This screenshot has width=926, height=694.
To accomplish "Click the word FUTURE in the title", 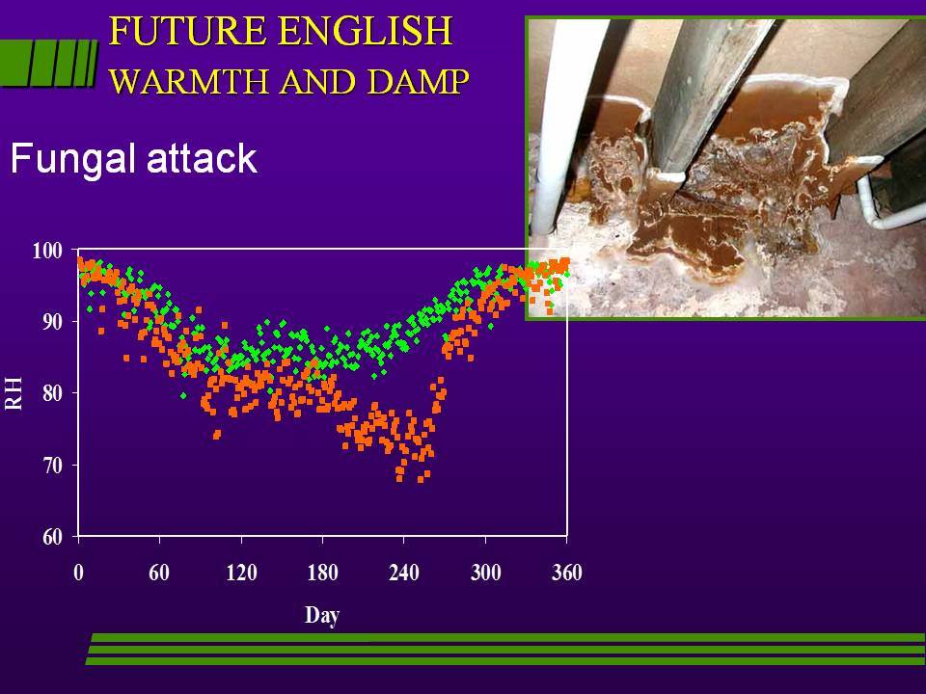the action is point(188,31).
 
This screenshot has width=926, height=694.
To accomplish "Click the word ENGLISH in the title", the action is point(366,31).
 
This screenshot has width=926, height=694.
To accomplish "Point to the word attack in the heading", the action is point(202,158).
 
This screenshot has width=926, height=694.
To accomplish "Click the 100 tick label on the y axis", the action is point(47,251).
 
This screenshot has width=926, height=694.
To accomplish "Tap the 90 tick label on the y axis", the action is point(52,322).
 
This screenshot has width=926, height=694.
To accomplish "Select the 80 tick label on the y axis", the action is point(52,393).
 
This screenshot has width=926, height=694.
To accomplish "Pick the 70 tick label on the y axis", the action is point(52,466).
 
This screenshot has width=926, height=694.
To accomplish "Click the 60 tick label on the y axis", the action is point(52,537).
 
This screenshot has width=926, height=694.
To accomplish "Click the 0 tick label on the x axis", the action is point(78,573).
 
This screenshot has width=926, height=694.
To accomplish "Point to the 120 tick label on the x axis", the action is point(241,573).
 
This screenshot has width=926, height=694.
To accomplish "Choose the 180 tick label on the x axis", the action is point(322,573).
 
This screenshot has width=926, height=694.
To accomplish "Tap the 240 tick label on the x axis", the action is point(404,573).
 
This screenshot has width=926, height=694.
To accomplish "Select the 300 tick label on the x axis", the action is point(485,573).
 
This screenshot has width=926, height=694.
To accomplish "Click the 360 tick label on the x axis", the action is point(567,573).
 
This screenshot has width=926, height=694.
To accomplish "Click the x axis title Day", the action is point(322,616).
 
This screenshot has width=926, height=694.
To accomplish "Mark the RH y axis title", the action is point(14,393).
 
